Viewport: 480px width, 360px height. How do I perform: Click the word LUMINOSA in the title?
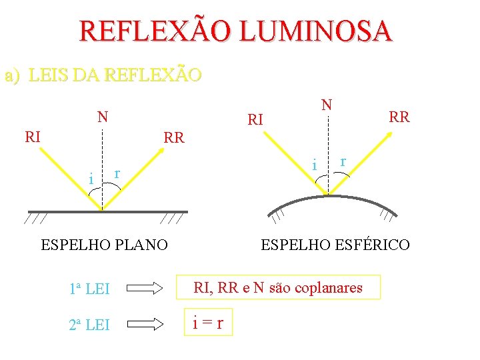[317, 31]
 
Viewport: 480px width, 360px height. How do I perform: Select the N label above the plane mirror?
[102, 117]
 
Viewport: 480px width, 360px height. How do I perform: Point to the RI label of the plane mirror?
[33, 137]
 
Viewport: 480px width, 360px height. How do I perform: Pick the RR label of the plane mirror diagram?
[174, 138]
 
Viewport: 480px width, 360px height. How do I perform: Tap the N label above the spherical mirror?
[326, 105]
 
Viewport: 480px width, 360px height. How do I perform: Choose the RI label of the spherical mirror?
[255, 120]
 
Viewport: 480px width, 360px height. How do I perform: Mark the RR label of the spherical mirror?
[399, 117]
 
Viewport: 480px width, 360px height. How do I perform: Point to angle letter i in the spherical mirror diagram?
[314, 163]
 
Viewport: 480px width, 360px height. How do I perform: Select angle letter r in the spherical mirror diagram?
[343, 161]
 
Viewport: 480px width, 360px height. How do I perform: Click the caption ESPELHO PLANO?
[104, 245]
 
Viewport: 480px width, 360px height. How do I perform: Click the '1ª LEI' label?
[89, 289]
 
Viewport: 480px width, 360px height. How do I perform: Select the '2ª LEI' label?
[89, 325]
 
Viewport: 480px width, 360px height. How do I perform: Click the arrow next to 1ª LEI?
[145, 289]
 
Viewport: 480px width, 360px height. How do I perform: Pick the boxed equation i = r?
[207, 324]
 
